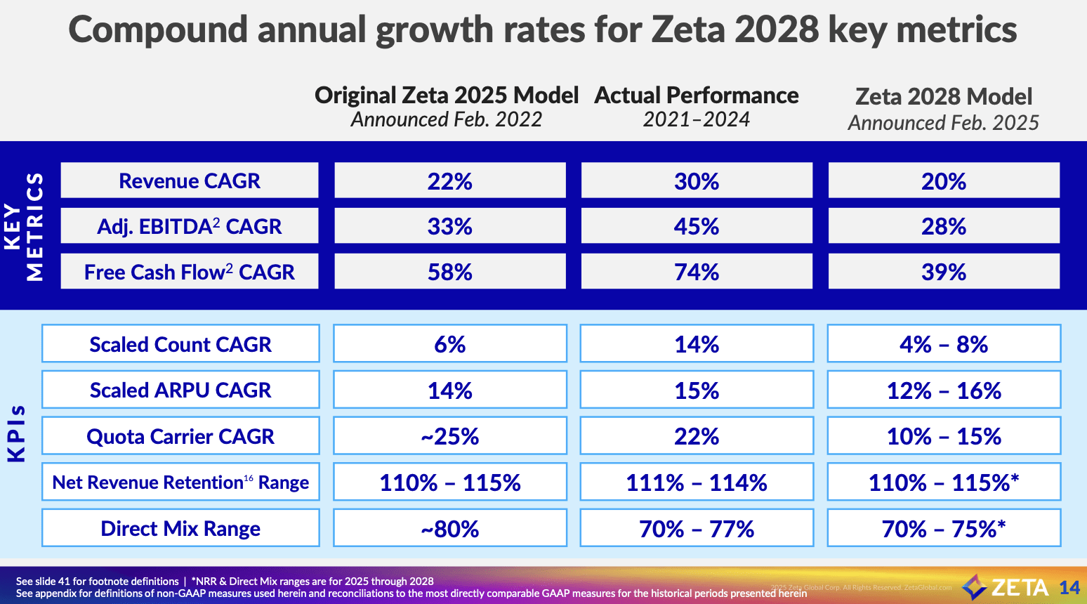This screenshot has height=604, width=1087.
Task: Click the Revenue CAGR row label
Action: click(x=189, y=180)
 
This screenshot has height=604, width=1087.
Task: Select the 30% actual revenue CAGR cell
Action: click(x=696, y=181)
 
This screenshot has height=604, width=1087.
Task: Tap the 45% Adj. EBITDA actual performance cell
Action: click(x=696, y=226)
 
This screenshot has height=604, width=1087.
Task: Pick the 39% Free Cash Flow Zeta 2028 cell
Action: click(x=943, y=272)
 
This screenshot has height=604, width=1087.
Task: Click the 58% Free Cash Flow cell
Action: click(x=449, y=272)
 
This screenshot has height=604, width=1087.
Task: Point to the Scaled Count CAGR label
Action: click(x=180, y=344)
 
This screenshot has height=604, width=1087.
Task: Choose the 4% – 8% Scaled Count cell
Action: click(x=943, y=344)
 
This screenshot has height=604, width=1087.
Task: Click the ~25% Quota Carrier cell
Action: click(x=449, y=436)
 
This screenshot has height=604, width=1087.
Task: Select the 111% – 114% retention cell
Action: click(x=696, y=482)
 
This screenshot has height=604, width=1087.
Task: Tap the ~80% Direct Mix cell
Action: click(x=449, y=529)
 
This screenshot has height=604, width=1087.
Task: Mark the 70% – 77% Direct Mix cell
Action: click(x=696, y=529)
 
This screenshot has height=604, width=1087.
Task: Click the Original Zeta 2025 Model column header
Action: click(x=447, y=96)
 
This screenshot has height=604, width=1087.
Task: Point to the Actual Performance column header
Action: click(x=696, y=96)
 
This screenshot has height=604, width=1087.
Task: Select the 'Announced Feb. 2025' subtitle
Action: click(x=943, y=123)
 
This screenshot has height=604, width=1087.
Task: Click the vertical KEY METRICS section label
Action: click(x=24, y=226)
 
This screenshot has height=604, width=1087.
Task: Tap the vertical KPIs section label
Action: click(x=17, y=434)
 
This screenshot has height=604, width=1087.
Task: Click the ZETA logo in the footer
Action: click(x=1006, y=587)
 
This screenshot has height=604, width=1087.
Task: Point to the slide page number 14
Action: click(x=1069, y=588)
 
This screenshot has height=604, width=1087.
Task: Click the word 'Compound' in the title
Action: click(x=158, y=30)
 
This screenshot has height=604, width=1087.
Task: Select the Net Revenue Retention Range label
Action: click(x=180, y=482)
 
